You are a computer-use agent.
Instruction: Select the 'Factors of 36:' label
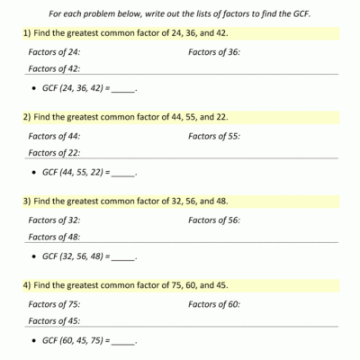tap(214, 52)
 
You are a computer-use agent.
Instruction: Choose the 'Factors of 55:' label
tap(214, 136)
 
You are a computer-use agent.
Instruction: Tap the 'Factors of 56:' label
tap(214, 220)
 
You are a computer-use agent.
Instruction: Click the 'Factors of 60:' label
tap(214, 304)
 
